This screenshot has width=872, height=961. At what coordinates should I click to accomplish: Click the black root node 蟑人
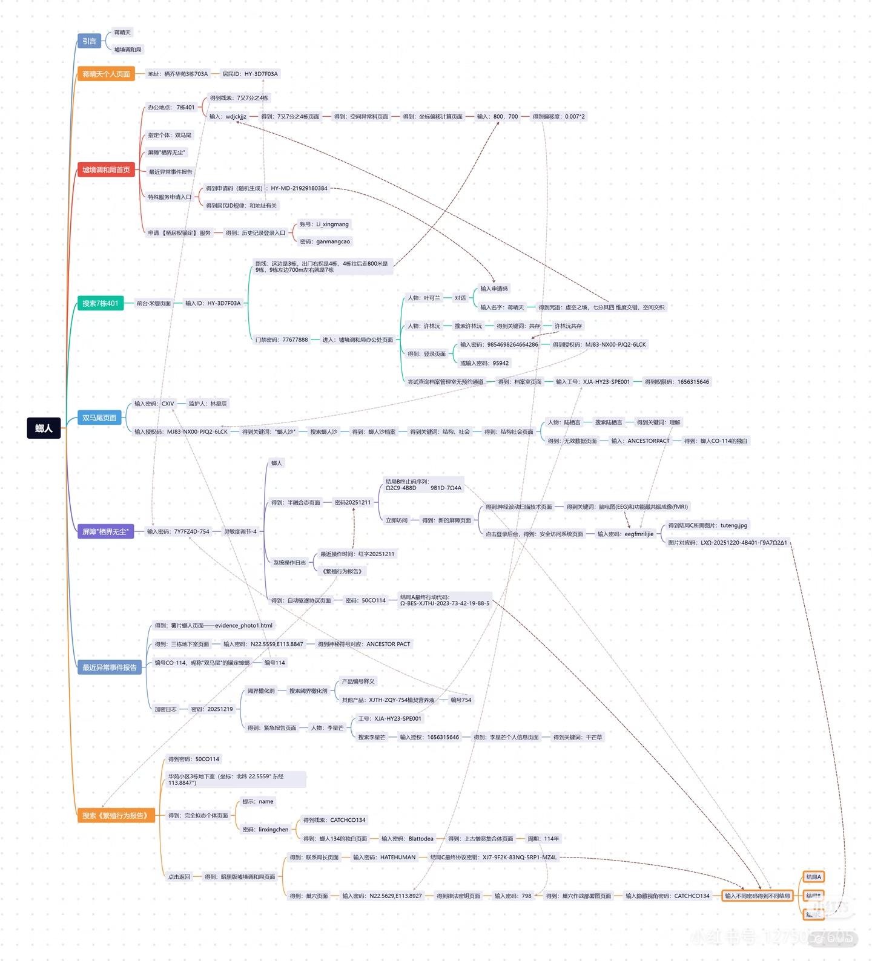pos(44,428)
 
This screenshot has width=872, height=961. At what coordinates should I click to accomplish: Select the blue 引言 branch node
pos(89,41)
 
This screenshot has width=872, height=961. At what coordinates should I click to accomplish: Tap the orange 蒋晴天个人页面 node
pos(106,74)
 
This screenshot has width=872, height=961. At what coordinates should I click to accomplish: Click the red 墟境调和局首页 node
pos(106,170)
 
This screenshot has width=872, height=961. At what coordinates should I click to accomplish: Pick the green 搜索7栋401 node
pos(101,303)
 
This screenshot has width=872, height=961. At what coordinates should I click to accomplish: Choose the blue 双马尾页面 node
pos(99,418)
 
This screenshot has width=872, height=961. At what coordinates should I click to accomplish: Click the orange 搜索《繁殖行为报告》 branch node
pos(115,815)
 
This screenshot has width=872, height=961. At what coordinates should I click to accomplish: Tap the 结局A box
pos(813,877)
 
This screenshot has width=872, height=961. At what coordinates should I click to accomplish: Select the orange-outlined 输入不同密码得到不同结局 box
pos(757,896)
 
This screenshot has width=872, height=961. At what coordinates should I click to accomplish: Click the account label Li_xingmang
pos(324,224)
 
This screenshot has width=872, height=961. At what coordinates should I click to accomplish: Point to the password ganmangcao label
pos(325,241)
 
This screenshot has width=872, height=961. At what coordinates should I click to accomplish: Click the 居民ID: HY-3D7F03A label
pos(249,74)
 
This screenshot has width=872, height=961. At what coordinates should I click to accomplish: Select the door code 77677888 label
pos(281,339)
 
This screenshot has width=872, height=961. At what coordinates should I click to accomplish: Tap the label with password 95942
pos(484,363)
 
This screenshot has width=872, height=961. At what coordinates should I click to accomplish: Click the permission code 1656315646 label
pos(676,382)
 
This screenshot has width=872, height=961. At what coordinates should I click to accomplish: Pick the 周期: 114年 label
pos(543,839)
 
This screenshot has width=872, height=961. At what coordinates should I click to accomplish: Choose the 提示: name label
pos(257,801)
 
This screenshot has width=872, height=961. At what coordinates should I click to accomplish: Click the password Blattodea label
pos(407,839)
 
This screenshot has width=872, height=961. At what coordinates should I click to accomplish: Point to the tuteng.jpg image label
pos(707,525)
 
